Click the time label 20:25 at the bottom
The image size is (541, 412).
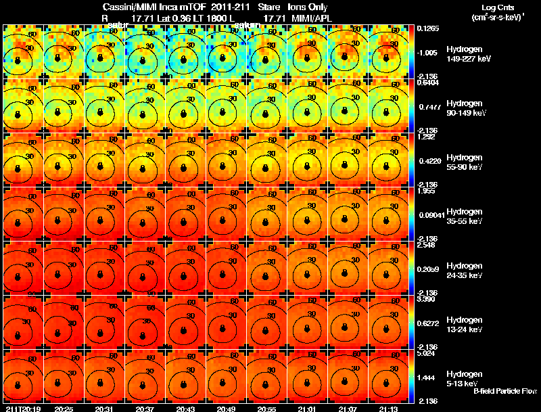point(64,409)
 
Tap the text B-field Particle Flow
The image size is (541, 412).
point(504,391)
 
